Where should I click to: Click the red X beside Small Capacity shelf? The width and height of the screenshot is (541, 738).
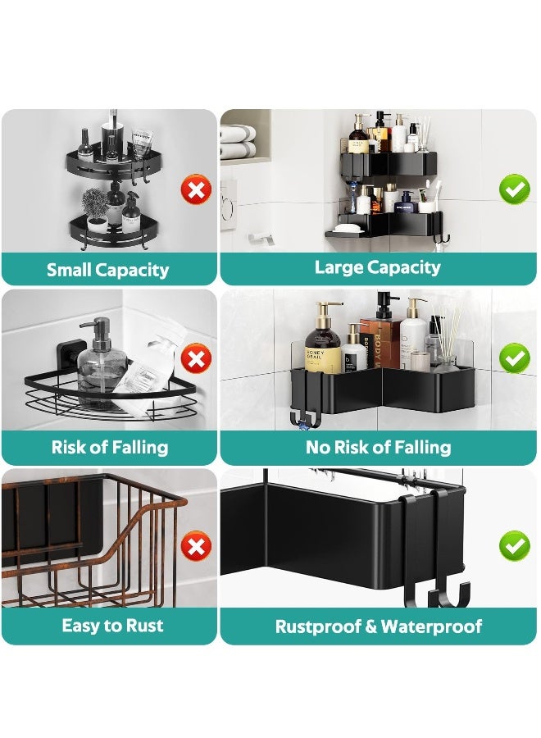[196, 189]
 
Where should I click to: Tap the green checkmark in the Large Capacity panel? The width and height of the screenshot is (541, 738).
[515, 189]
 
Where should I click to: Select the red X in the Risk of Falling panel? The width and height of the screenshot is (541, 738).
[196, 358]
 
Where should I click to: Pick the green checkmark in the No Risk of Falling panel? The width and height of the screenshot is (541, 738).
[515, 358]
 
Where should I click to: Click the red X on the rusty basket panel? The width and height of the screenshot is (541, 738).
[196, 546]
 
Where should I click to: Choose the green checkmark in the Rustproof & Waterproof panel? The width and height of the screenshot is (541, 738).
[515, 545]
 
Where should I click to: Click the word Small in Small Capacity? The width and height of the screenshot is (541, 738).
[69, 270]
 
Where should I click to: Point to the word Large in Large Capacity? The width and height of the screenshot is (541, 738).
[339, 267]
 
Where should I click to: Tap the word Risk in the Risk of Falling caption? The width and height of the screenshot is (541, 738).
[68, 447]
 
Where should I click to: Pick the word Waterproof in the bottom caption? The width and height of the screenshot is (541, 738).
[431, 626]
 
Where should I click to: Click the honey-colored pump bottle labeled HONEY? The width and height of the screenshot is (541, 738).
[323, 339]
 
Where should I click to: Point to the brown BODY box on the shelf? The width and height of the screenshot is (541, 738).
[380, 344]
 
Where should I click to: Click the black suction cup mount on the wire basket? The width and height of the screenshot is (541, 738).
[67, 358]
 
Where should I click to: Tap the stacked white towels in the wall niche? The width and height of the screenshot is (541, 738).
[238, 142]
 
